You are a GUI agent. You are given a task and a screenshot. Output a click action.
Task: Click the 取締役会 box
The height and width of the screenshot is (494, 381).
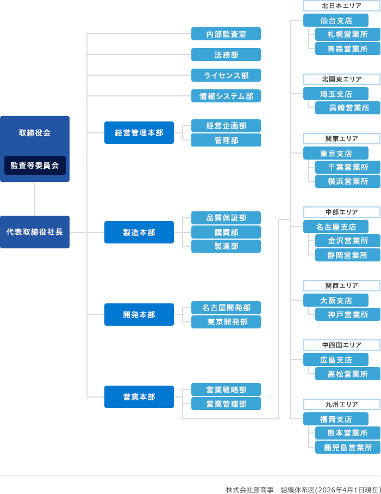35,133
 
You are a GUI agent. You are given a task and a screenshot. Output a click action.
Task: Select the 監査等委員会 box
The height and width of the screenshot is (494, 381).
35,166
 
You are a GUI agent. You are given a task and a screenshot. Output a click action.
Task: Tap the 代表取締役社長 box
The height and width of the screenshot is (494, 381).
35,232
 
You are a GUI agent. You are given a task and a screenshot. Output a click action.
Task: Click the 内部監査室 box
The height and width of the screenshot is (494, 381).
226,34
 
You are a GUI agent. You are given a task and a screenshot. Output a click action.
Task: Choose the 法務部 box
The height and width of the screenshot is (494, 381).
226,54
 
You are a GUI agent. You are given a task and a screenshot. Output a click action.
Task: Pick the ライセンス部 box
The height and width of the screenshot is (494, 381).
226,75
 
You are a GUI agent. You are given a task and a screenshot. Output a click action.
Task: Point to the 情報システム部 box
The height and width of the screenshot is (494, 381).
226,96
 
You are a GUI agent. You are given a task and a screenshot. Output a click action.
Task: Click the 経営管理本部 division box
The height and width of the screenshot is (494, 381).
139,133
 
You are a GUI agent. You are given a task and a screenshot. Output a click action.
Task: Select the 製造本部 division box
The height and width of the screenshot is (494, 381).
139,233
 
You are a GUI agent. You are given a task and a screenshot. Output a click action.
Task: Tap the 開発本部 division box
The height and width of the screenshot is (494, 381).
139,315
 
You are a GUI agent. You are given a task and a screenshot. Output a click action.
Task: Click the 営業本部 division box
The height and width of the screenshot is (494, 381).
139,397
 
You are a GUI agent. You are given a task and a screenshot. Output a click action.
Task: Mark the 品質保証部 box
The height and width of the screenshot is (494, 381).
226,218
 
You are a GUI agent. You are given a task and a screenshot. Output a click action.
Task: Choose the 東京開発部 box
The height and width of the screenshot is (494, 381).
226,322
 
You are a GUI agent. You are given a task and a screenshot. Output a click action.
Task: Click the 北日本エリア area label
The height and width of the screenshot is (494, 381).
341,6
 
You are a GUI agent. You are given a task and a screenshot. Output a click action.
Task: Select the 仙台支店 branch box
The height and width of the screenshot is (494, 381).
336,21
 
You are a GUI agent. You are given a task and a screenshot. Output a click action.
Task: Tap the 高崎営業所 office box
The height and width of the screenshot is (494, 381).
348,108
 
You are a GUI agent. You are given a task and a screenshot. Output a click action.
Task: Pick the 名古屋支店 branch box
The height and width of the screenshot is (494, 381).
336,227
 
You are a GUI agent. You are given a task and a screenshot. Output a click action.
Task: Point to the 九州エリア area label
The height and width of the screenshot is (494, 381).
341,405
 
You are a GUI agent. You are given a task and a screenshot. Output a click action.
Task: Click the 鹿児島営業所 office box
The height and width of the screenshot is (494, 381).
348,448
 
